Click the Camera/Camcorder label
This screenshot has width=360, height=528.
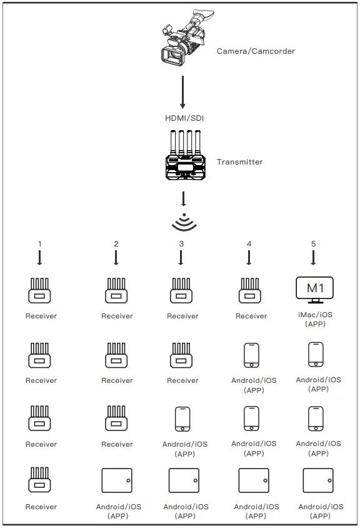[256, 51]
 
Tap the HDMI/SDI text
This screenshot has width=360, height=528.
[184, 118]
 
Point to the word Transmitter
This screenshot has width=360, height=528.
[239, 162]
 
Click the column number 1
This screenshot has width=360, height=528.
[39, 243]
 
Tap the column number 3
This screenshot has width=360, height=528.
[181, 243]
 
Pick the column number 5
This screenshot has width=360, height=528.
[314, 243]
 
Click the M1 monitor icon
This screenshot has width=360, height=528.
[314, 290]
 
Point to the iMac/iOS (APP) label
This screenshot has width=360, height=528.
[316, 320]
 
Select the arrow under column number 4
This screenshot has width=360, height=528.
[249, 257]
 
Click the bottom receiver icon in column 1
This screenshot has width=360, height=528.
[40, 481]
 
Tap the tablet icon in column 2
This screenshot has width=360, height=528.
[117, 480]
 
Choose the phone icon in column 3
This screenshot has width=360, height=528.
[182, 419]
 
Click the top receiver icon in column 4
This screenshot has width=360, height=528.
[250, 291]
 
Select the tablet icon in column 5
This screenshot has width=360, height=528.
[318, 480]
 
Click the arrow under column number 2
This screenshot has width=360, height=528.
[116, 257]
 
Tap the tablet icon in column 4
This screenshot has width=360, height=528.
[254, 480]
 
